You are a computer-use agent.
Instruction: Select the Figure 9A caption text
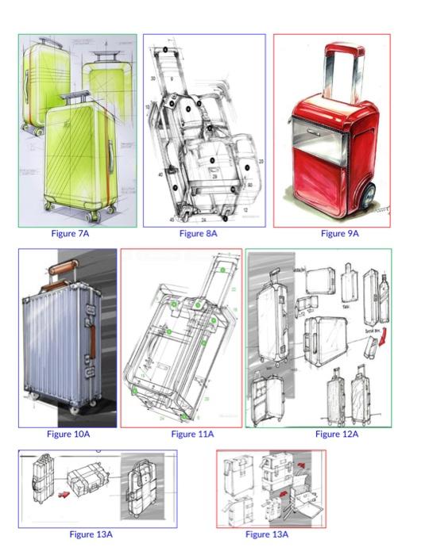(x=340, y=234)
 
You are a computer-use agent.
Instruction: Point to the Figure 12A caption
(x=337, y=434)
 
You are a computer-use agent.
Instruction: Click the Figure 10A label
(x=68, y=434)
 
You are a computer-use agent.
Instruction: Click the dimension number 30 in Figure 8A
(x=152, y=79)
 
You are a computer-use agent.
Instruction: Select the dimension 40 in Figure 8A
(x=160, y=174)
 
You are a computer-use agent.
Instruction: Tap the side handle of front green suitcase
(x=110, y=151)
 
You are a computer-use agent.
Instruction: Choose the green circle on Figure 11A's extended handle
(x=223, y=270)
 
